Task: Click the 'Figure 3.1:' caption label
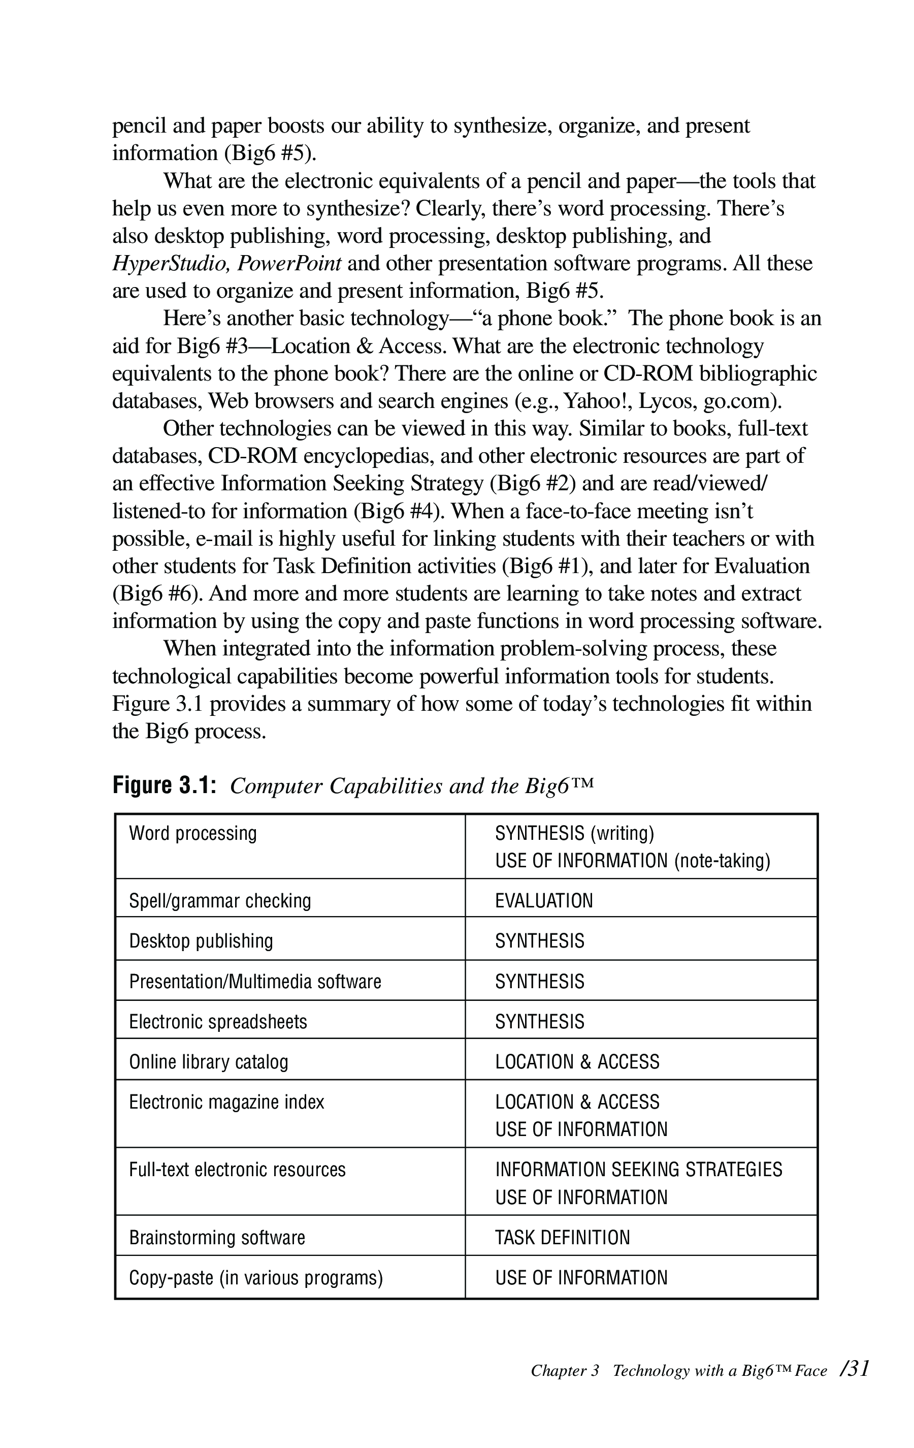164,785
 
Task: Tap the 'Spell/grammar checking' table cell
220,901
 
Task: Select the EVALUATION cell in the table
544,901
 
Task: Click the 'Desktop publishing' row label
201,941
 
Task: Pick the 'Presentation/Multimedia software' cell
255,982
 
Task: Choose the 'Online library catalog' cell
209,1062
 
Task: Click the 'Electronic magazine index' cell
226,1102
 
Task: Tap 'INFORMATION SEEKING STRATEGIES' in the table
638,1170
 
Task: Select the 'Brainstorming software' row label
217,1238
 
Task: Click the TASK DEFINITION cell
563,1238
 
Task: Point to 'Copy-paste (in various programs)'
256,1278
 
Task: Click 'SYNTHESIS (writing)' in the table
574,833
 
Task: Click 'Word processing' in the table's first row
193,833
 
